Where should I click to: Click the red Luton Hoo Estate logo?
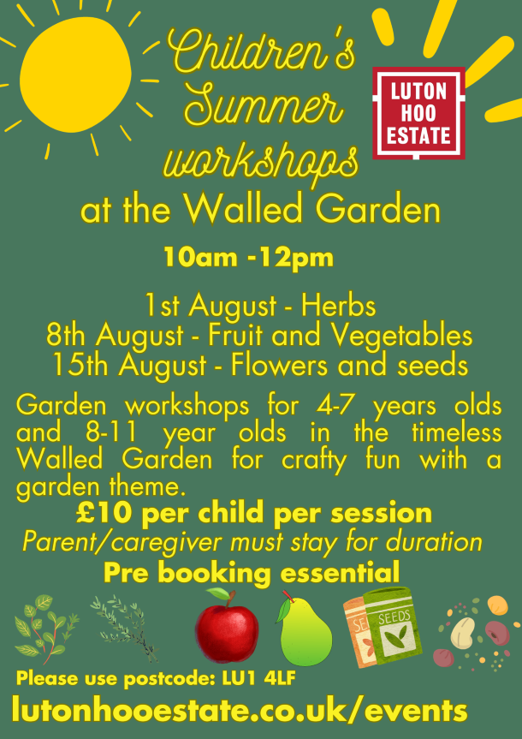(x=418, y=113)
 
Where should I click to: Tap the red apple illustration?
(x=227, y=625)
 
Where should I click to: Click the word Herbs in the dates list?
(x=339, y=306)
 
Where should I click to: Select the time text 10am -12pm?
(x=248, y=258)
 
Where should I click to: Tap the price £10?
(x=104, y=514)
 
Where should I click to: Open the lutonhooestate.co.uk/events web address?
(x=240, y=711)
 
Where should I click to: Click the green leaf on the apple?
(x=217, y=593)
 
